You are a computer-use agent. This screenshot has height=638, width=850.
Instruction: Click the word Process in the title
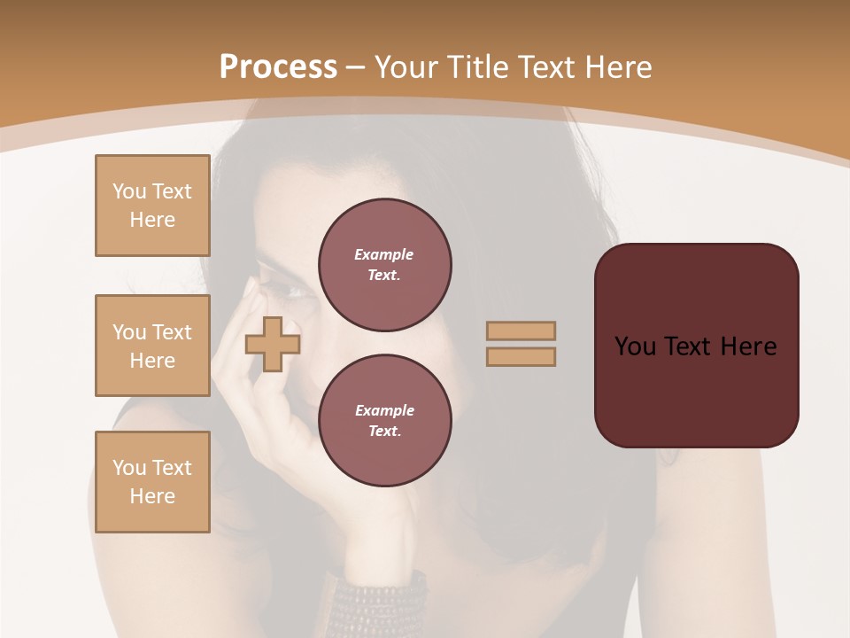278,67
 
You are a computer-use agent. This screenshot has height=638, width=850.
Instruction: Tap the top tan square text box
152,206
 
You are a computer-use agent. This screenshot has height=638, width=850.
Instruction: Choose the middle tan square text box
152,346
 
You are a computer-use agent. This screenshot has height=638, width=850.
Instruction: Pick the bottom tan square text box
152,482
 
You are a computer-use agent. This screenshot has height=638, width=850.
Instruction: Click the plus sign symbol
273,344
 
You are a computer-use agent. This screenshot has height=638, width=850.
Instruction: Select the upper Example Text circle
384,265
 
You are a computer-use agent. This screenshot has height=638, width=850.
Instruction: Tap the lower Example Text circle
384,421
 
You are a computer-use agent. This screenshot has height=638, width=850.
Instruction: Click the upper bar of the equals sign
521,331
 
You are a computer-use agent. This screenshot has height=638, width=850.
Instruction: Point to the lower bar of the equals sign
521,356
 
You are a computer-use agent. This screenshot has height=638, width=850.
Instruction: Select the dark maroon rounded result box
696,346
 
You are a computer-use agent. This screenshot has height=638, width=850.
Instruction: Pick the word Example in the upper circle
384,254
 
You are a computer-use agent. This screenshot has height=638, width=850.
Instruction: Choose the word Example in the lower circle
384,410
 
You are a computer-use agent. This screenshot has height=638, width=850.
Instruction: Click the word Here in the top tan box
152,220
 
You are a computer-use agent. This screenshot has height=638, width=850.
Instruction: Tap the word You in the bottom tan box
129,468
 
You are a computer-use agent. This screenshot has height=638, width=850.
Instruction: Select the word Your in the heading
406,67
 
